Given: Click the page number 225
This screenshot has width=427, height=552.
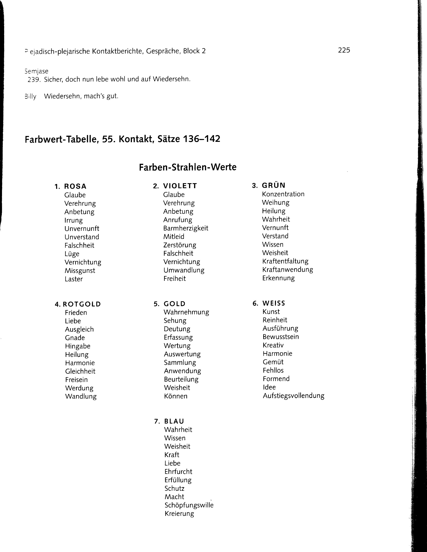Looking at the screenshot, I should click(x=344, y=50).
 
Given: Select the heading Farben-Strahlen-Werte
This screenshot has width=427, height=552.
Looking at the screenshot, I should click(x=188, y=167).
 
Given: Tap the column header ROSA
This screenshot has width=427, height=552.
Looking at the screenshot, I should click(x=75, y=186).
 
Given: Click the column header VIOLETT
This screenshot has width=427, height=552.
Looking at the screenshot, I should click(x=180, y=186).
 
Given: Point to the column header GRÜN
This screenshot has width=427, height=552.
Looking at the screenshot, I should click(x=274, y=185).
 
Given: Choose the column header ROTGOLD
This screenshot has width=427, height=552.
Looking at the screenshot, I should click(x=82, y=304).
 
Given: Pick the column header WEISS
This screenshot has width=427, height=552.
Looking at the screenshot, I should click(x=274, y=303).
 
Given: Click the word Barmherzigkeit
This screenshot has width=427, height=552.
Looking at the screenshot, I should click(x=186, y=228).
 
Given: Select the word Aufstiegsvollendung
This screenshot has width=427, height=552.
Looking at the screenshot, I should click(x=293, y=396).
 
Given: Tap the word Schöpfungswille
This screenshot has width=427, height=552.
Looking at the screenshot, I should click(x=189, y=505).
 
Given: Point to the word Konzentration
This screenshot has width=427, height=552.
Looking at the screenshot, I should click(x=283, y=194).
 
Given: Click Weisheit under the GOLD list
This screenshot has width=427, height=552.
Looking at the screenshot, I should click(x=177, y=387).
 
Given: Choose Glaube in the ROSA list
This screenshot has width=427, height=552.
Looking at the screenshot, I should click(x=75, y=195).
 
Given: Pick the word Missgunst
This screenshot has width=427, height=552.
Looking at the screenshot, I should click(x=80, y=270).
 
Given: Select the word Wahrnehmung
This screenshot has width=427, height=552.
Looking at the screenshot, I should click(x=186, y=312).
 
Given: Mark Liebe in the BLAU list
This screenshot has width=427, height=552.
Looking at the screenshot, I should click(x=172, y=463).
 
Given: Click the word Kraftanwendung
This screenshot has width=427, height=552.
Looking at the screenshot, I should click(x=287, y=269).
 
